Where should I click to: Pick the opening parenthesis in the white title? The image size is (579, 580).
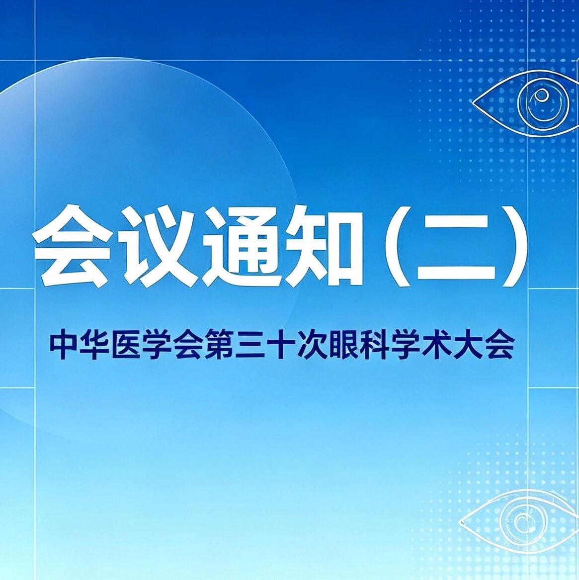coord(398,246)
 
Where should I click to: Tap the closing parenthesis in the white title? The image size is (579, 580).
coord(516,246)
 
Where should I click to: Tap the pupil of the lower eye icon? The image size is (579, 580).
coord(523,521)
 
